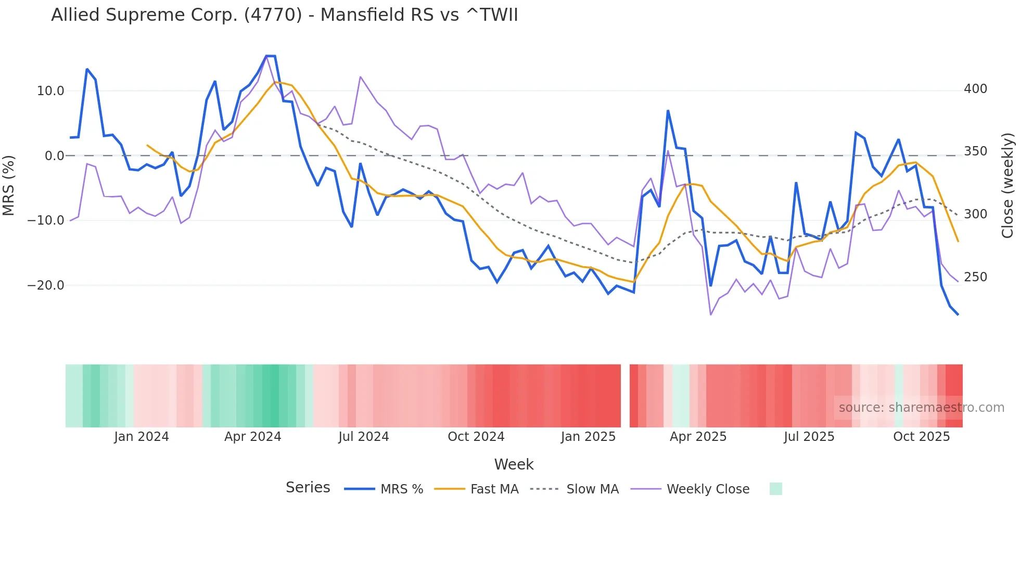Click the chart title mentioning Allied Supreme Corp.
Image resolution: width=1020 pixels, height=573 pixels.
pos(284,15)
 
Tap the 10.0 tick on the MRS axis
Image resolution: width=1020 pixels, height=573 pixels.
pos(50,91)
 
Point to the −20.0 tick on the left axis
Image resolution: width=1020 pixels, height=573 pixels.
pos(46,285)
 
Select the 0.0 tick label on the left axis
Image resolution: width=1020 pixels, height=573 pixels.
pos(54,156)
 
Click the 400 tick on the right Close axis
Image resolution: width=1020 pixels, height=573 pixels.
pos(975,89)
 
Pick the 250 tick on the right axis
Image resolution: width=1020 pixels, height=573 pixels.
pos(975,277)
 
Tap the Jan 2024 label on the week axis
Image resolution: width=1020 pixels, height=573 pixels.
pos(142,437)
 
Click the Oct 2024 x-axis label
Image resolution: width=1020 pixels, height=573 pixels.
pos(476,437)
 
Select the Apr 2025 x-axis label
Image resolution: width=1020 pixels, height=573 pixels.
pos(698,437)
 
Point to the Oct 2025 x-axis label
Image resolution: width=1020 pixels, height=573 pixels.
pos(921,437)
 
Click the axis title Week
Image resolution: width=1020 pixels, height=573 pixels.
pos(514,464)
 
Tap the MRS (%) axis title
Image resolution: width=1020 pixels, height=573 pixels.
pos(9,186)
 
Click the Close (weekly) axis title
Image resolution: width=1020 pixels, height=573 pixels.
pos(1008,186)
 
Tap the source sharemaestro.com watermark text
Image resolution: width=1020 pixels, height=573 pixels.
pos(921,408)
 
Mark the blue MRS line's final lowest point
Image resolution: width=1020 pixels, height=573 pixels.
pos(958,314)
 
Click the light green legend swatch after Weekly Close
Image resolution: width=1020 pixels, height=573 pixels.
pos(775,489)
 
